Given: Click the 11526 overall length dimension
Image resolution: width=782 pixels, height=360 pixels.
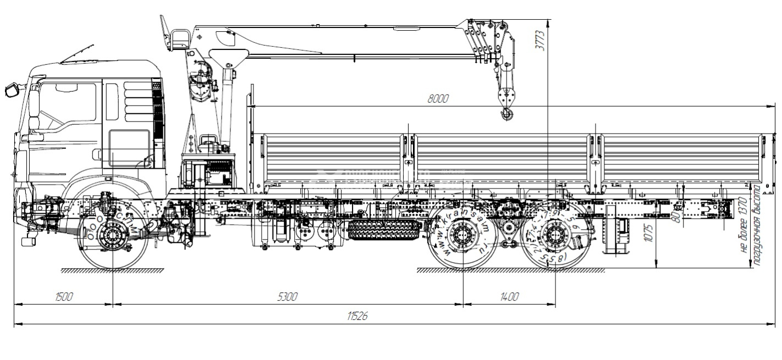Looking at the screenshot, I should pyautogui.click(x=358, y=316).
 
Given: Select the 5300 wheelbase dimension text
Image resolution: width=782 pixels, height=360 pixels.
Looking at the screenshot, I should pyautogui.click(x=287, y=297).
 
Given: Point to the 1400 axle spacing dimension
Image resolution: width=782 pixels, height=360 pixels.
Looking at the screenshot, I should pyautogui.click(x=509, y=297).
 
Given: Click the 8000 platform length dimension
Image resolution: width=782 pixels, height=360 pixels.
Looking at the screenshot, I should pyautogui.click(x=438, y=99).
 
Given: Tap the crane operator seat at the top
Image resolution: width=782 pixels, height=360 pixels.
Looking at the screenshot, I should pyautogui.click(x=180, y=40).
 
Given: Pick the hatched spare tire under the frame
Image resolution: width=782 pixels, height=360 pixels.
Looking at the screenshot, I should pyautogui.click(x=384, y=229).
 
